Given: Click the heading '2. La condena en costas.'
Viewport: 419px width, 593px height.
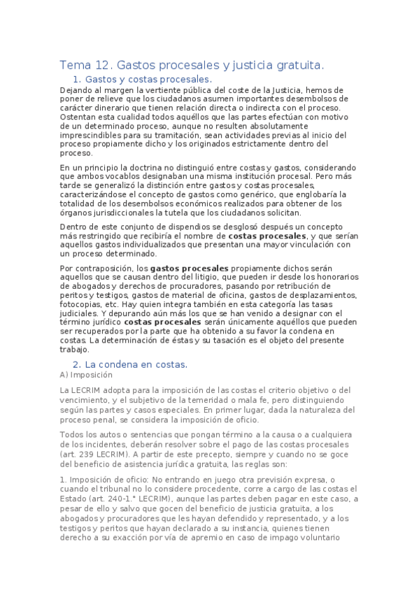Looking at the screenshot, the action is click(130, 364).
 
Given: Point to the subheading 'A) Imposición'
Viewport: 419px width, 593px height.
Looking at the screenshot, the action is click(87, 375).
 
